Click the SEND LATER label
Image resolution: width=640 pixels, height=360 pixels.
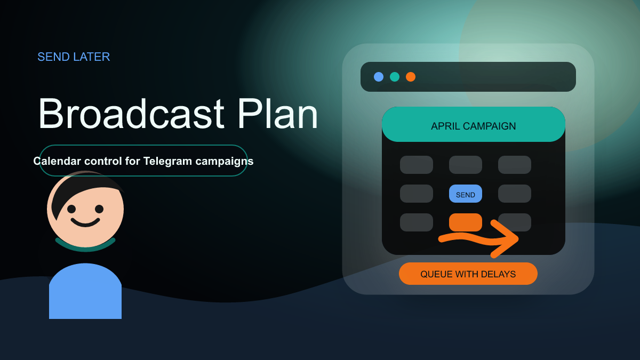[74, 57]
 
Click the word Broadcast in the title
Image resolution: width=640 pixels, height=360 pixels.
[131, 114]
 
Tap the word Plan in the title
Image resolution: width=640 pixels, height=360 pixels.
[277, 114]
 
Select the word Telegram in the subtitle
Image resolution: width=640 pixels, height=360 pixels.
[167, 161]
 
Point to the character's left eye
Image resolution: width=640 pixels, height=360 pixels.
[71, 209]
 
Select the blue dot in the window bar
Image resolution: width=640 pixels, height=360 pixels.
[379, 77]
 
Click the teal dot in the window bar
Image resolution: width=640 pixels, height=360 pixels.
[395, 77]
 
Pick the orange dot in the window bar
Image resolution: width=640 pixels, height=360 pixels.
[411, 77]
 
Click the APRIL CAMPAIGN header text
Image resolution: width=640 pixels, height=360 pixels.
[474, 126]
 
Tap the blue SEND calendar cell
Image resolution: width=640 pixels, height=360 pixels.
[466, 194]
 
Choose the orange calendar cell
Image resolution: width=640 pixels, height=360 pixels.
[466, 221]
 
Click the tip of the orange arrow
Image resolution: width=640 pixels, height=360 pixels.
[517, 238]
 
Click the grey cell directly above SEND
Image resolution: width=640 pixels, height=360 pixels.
[466, 165]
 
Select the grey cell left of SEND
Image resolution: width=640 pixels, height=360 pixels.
[417, 194]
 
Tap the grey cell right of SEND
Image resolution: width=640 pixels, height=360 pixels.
[515, 194]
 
